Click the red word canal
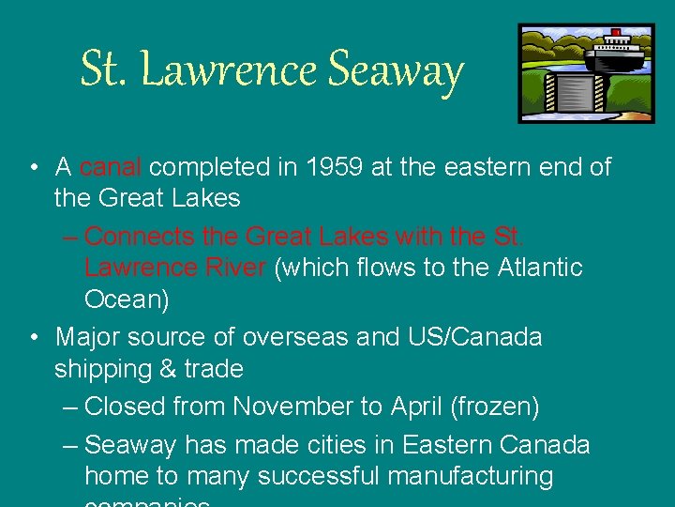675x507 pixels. tap(110, 167)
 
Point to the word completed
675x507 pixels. tap(208, 167)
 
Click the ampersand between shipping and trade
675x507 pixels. tap(168, 369)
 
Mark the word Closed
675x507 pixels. tap(127, 407)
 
